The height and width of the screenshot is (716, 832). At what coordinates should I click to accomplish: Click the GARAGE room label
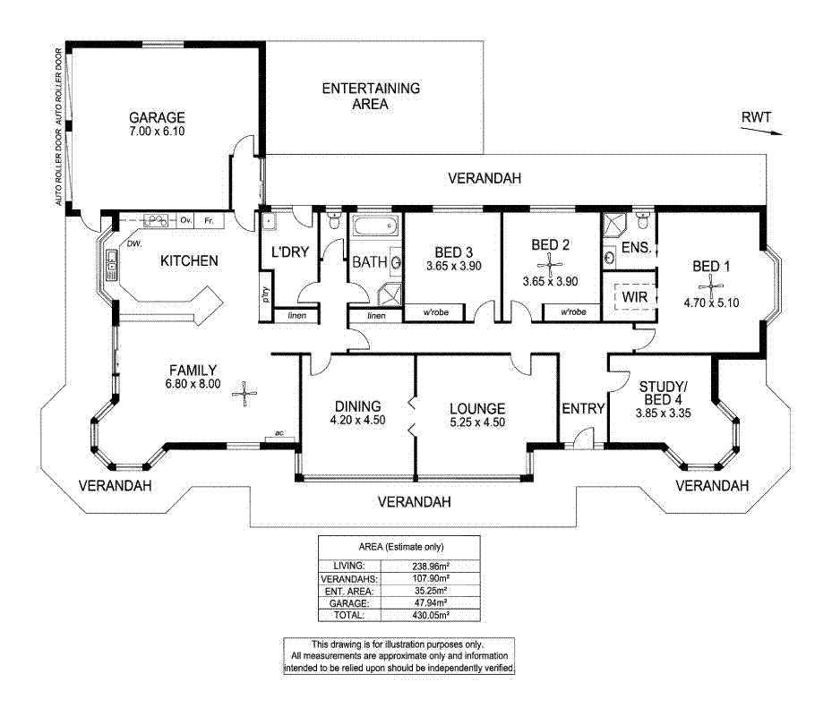(x=156, y=117)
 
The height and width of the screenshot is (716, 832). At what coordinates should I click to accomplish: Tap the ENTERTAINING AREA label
(x=371, y=96)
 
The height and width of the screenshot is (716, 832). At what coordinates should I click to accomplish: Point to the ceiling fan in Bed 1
(x=711, y=283)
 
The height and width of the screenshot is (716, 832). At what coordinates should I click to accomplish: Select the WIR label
(x=635, y=296)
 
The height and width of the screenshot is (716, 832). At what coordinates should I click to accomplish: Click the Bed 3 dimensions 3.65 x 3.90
(x=453, y=267)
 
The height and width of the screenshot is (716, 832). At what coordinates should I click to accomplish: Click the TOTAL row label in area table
(x=349, y=616)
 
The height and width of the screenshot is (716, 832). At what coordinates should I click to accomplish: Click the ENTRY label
(x=584, y=408)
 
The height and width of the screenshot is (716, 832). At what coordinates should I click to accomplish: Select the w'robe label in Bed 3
(x=435, y=313)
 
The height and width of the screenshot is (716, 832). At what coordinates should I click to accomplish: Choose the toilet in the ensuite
(x=643, y=218)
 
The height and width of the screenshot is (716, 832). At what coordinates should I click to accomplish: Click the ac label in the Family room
(x=279, y=433)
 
